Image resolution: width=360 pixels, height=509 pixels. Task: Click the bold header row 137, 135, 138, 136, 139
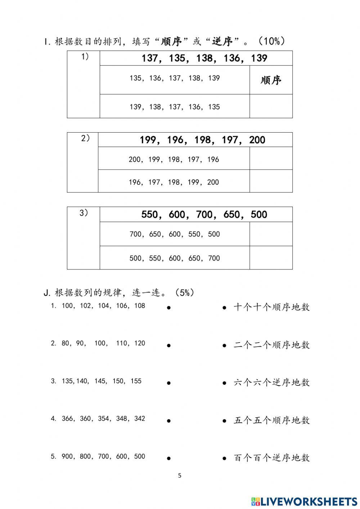pos(204,58)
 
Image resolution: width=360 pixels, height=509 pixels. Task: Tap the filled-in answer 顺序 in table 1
pos(271,80)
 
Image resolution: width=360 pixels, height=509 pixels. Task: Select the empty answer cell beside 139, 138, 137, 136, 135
pos(271,106)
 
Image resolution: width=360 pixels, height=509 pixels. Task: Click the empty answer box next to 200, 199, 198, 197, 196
pos(271,158)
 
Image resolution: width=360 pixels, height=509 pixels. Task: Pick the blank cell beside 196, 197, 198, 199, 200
pos(271,181)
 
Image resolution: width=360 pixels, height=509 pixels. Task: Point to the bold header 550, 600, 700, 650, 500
pos(204,215)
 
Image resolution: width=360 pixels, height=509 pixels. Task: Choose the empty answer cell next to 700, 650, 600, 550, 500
pos(271,234)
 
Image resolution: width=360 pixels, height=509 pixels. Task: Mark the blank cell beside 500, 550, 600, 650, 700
pos(271,258)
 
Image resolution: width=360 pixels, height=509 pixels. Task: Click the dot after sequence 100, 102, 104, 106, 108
pos(168,308)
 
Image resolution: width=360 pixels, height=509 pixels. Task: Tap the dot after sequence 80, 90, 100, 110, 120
pos(168,345)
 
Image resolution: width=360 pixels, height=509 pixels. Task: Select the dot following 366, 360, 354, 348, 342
pos(168,421)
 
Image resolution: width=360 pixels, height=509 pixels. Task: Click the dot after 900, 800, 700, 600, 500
pos(168,459)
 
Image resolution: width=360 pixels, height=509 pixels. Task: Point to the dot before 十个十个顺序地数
pos(224,308)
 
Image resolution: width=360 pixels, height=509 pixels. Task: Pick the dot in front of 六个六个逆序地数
pos(224,383)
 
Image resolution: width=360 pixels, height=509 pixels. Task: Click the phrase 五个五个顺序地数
pos(272,420)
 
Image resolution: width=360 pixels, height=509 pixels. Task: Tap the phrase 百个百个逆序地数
pos(272,458)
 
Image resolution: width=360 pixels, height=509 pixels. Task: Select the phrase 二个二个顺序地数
pos(272,345)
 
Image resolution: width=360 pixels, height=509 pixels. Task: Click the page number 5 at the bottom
pos(180,475)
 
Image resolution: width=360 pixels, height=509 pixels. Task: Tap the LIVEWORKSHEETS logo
pos(304,501)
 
